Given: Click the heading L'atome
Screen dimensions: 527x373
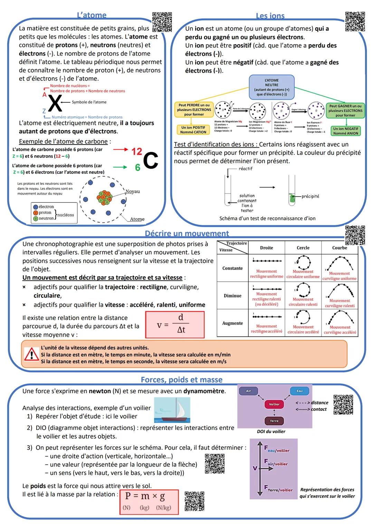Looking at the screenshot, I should click(x=92, y=15).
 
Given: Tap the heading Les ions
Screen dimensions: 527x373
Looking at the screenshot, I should click(x=270, y=16).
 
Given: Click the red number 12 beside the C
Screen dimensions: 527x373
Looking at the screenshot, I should click(x=137, y=151).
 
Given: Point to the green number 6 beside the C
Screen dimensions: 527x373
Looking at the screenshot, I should click(x=137, y=168).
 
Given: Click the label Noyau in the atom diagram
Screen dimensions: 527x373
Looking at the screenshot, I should click(x=132, y=191).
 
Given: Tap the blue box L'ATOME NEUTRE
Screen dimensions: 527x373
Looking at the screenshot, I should click(x=271, y=87).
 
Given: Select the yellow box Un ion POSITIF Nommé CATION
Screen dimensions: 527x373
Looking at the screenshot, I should click(x=193, y=130).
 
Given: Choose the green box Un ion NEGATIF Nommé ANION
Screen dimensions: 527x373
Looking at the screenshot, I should click(x=345, y=131).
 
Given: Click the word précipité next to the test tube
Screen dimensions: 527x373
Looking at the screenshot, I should click(x=310, y=196).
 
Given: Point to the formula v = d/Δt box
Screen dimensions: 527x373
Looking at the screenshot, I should click(x=175, y=325).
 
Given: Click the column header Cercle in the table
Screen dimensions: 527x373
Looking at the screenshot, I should click(x=303, y=248).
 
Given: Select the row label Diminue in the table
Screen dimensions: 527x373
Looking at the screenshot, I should click(x=232, y=296).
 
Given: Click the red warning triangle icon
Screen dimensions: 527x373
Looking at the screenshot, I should click(x=31, y=355).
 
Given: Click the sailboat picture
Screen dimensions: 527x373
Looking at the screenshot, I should click(x=172, y=410).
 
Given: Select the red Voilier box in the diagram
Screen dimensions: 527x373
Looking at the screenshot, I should click(x=274, y=404).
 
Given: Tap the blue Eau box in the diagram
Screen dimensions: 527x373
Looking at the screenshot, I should click(x=299, y=391).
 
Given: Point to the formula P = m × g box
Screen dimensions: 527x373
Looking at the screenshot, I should click(x=149, y=502).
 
